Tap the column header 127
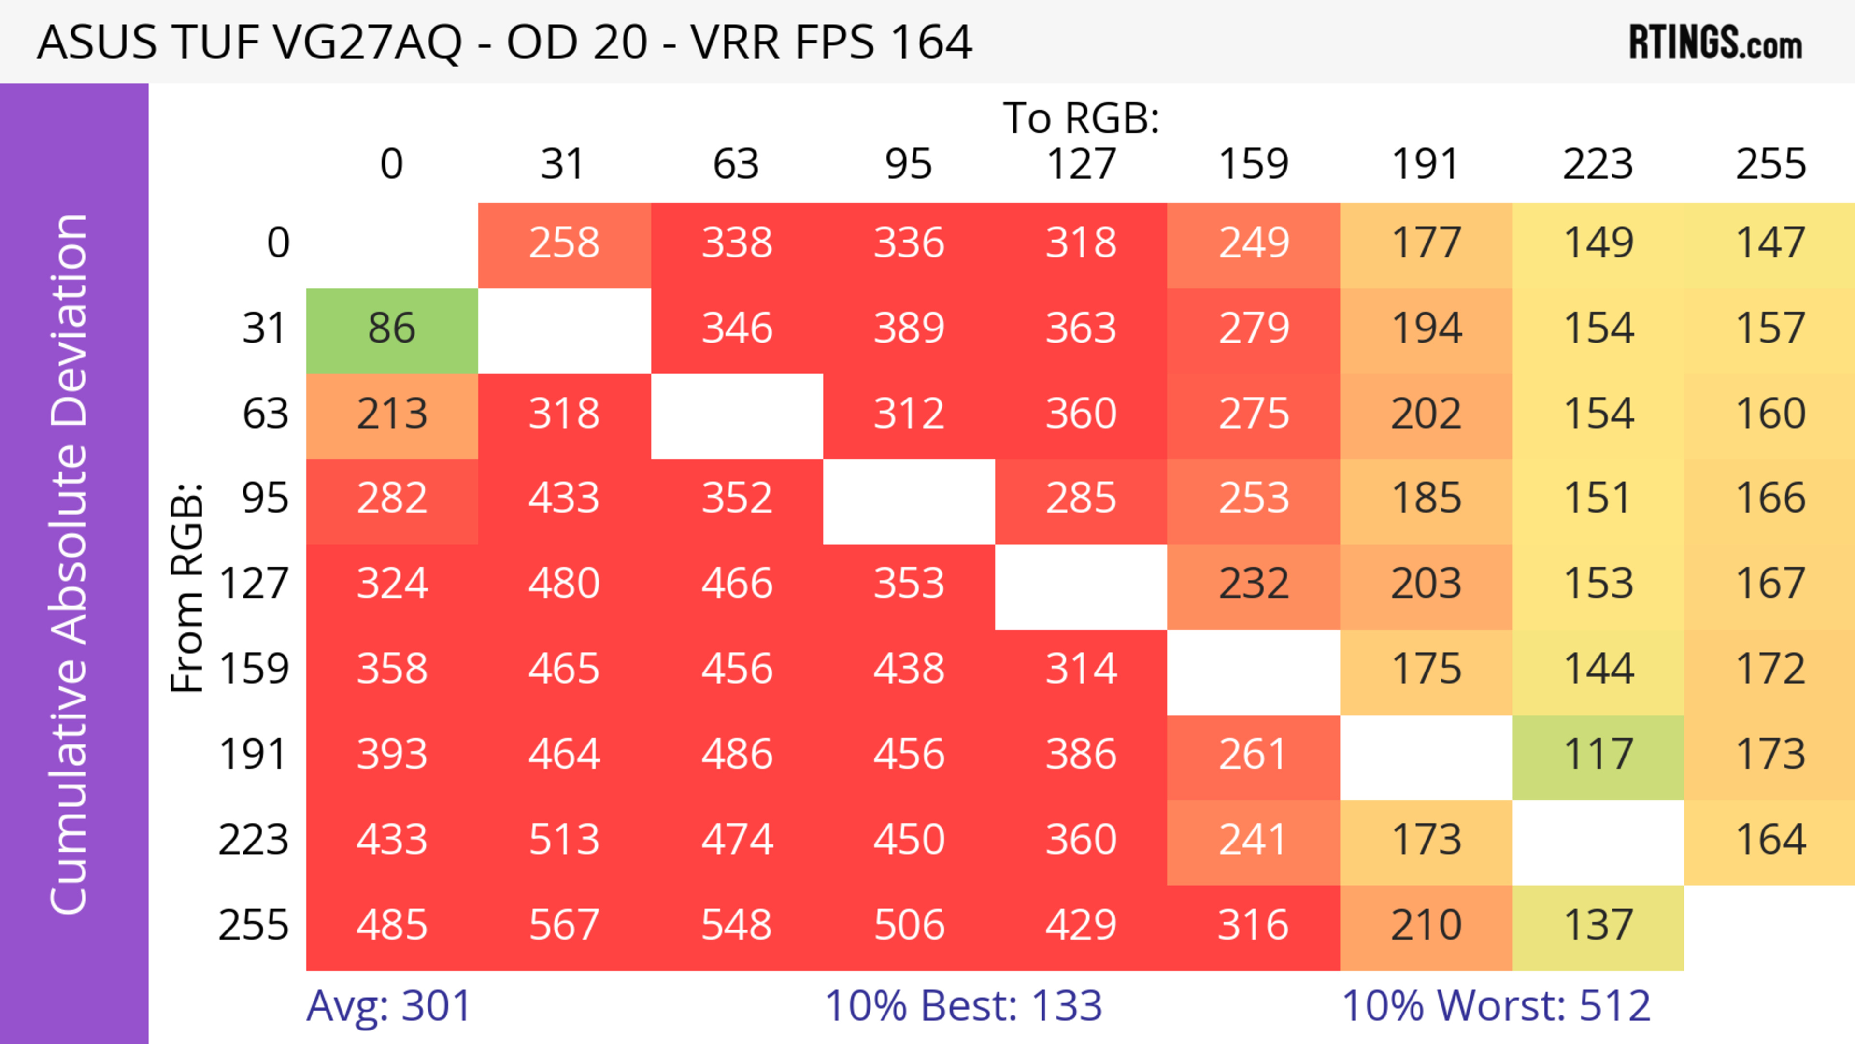(1081, 165)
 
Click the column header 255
(1770, 165)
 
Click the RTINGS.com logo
(1715, 43)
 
